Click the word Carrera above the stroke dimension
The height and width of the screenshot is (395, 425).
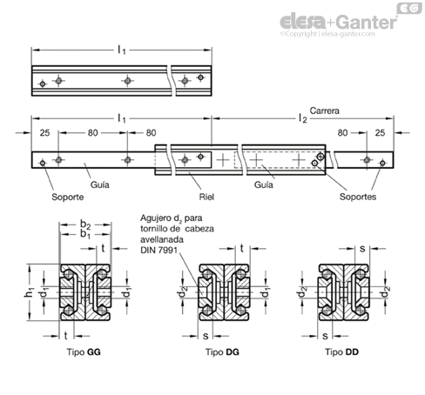324,110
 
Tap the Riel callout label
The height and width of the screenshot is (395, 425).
206,197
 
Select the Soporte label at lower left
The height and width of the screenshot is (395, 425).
67,197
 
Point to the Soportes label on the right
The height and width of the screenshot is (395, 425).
358,197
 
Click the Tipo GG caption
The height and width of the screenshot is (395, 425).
84,351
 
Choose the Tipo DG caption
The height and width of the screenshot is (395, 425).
222,351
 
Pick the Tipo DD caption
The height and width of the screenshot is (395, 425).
341,351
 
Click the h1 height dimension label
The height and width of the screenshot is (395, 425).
30,292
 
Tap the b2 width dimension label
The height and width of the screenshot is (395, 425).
85,224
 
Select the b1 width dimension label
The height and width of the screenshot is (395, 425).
85,234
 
